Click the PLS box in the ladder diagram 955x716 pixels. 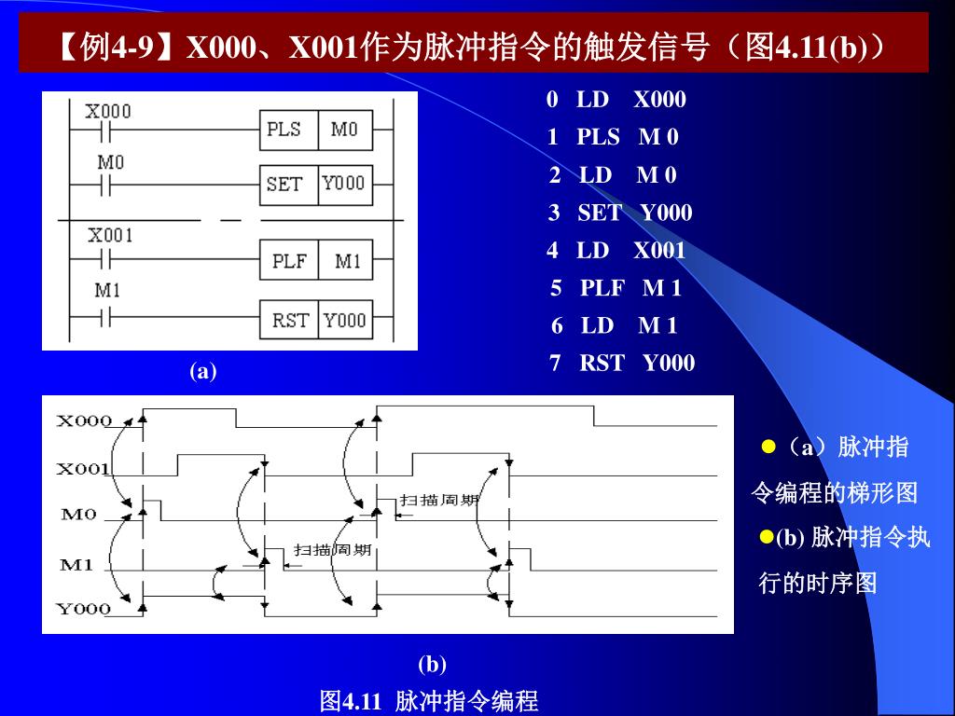click(x=284, y=130)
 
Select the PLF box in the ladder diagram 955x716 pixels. click(x=289, y=262)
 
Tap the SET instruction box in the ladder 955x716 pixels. click(x=284, y=184)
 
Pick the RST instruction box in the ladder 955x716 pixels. click(x=290, y=321)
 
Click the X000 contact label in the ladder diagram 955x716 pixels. click(x=108, y=112)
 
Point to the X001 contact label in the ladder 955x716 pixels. click(x=110, y=236)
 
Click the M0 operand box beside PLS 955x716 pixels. click(x=344, y=130)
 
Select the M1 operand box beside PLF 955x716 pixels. click(x=347, y=262)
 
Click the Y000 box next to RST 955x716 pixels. click(x=344, y=321)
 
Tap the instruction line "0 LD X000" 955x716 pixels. click(x=616, y=100)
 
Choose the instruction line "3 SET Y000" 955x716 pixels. click(x=620, y=213)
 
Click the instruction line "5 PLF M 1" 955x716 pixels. click(x=616, y=288)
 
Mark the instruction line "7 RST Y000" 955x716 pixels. click(x=622, y=363)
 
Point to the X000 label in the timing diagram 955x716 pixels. click(x=84, y=420)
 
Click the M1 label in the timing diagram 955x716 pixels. click(x=76, y=564)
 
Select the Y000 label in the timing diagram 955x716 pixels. click(x=83, y=609)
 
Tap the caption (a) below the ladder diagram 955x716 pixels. click(x=203, y=371)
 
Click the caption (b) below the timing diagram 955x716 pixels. click(x=432, y=664)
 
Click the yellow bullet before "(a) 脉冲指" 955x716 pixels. click(x=769, y=447)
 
